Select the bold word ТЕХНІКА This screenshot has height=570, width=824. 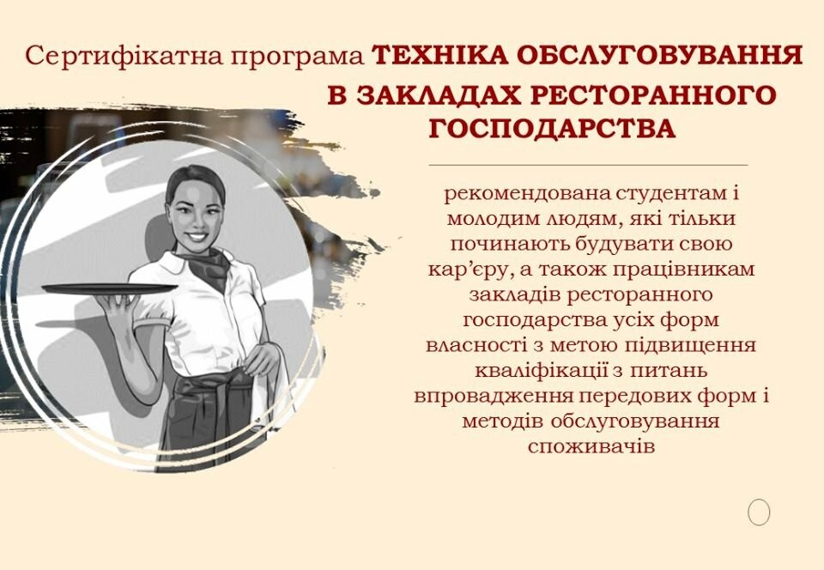pos(439,55)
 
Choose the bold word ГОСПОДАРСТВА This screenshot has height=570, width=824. pos(552,129)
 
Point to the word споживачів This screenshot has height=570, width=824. pos(591,446)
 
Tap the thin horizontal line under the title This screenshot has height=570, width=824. pos(588,165)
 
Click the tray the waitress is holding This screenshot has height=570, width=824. pos(109,289)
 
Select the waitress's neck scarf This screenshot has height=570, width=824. pos(209,266)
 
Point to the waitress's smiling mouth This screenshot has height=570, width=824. pos(197,236)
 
